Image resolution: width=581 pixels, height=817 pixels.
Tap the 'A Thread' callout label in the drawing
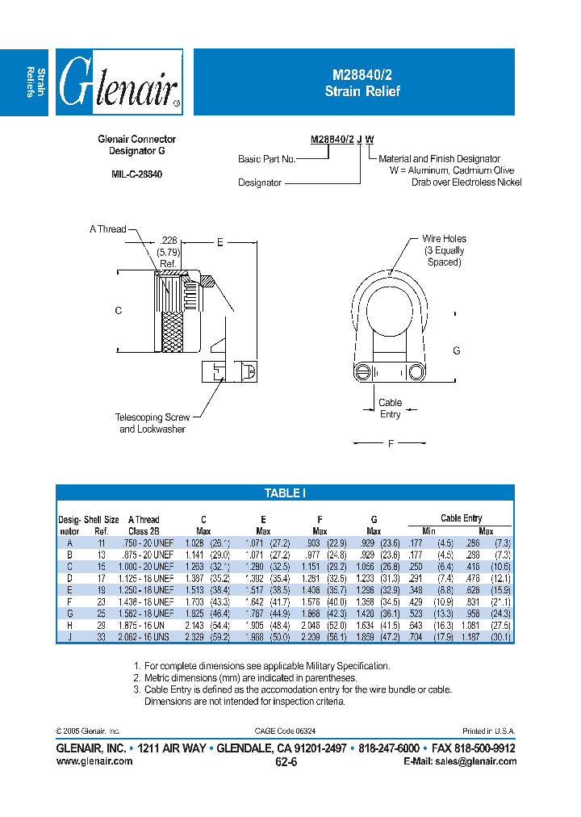108,229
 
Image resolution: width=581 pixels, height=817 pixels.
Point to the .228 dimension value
168,241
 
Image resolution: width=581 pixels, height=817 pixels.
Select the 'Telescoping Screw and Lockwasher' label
153,423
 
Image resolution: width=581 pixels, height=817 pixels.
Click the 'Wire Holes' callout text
444,239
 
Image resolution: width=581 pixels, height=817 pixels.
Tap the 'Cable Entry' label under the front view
390,408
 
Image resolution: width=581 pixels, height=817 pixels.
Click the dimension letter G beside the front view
457,350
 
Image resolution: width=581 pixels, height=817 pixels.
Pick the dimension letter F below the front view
391,443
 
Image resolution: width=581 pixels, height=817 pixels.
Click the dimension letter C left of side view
118,311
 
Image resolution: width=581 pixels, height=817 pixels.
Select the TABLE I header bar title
285,493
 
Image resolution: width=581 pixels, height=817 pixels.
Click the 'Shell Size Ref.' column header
102,525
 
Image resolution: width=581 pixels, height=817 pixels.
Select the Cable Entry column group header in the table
461,518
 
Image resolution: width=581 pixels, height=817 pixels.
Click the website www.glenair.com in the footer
94,761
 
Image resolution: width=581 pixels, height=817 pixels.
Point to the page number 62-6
286,762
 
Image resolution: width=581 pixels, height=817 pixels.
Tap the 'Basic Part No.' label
266,159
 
